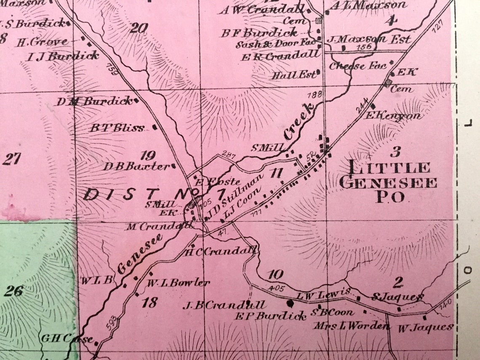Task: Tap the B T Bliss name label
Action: click(x=117, y=128)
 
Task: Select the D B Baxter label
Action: click(x=137, y=166)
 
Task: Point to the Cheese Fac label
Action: click(x=358, y=66)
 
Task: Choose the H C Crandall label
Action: click(x=221, y=252)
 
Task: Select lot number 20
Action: click(x=139, y=28)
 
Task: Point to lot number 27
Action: click(x=11, y=159)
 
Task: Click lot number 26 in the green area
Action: click(x=13, y=291)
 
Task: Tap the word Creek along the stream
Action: click(x=299, y=122)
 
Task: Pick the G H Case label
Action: click(x=67, y=338)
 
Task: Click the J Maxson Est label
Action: click(x=369, y=40)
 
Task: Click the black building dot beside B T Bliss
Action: click(x=155, y=126)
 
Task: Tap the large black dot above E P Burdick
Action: click(x=290, y=302)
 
